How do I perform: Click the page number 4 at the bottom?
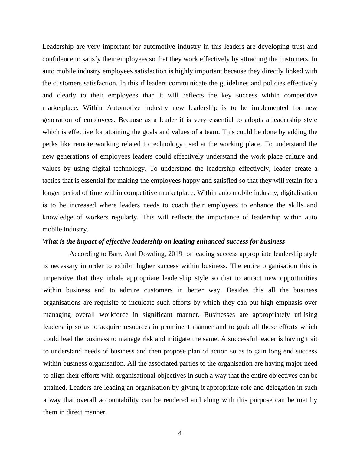[180, 433]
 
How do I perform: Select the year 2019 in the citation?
[175, 254]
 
